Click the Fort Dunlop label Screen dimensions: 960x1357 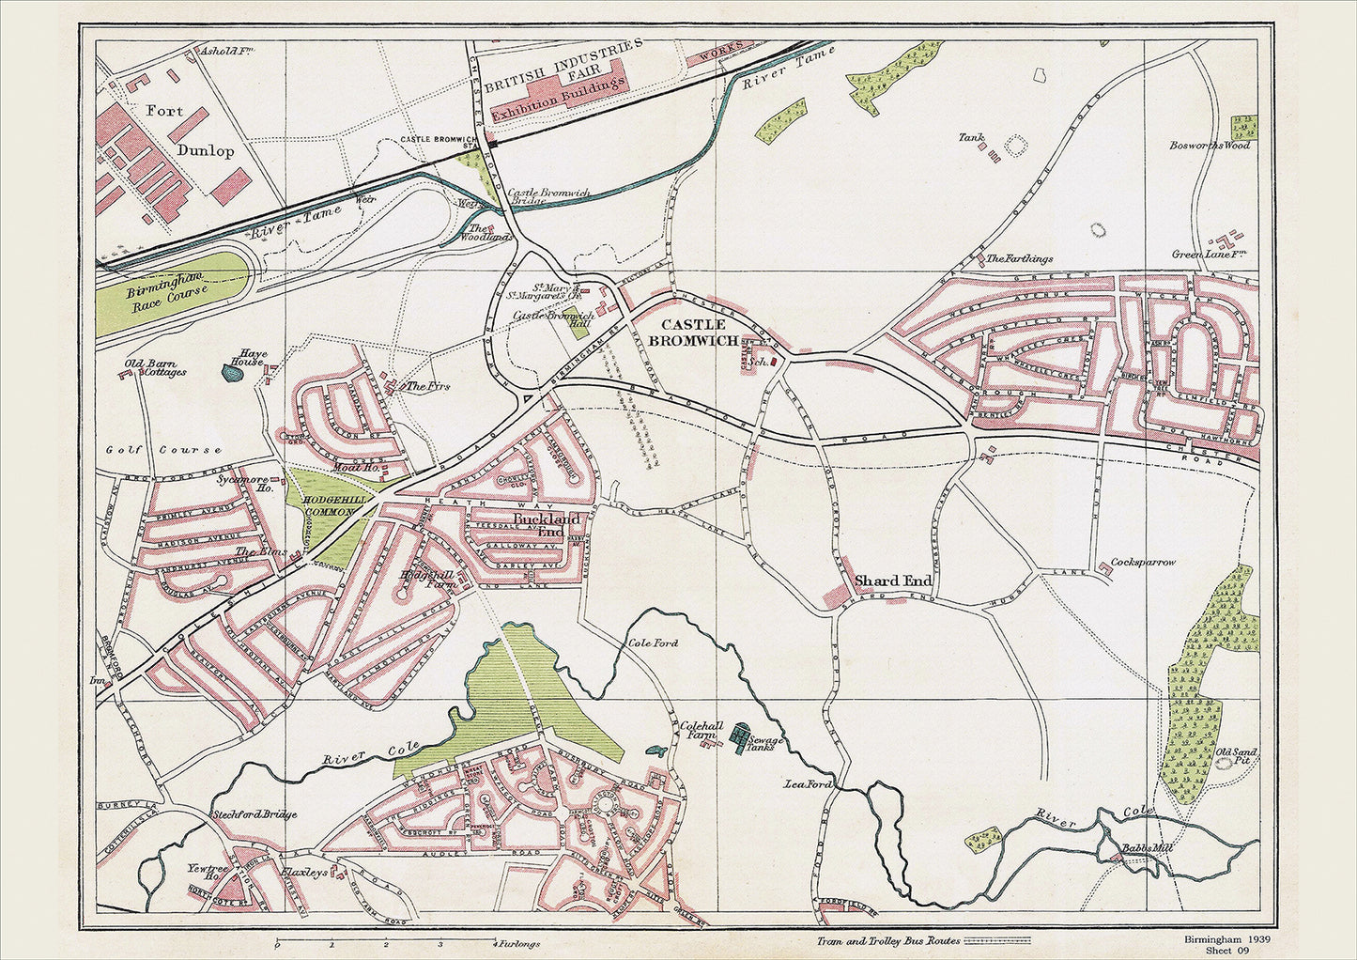[x=188, y=130]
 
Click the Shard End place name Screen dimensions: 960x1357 [x=892, y=581]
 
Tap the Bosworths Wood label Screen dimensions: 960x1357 [x=1210, y=146]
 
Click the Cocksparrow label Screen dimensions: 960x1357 [x=1143, y=563]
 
